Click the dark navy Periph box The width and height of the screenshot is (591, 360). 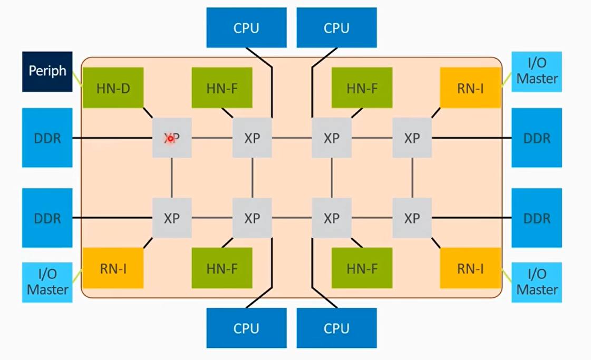(47, 71)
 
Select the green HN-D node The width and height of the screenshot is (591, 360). (113, 87)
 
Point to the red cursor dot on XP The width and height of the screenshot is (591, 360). (170, 138)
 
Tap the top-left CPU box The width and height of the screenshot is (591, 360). (246, 27)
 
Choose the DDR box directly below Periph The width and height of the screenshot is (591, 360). (47, 138)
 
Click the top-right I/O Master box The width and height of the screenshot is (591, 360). (537, 71)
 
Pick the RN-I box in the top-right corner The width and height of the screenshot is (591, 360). (470, 87)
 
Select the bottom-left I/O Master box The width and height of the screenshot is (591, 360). (47, 282)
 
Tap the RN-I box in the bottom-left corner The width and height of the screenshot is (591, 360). (113, 269)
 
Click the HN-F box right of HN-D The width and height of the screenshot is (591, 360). (222, 87)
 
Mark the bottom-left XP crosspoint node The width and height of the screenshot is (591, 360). (172, 218)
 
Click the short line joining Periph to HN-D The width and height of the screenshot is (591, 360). (77, 79)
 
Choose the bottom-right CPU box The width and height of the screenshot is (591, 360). (336, 328)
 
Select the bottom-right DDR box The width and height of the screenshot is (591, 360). (537, 218)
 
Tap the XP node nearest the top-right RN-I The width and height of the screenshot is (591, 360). (412, 138)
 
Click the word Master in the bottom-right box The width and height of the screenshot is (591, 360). (537, 289)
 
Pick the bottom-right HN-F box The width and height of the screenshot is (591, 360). (362, 269)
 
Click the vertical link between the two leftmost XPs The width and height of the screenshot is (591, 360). (172, 178)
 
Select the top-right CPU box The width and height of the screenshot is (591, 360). (336, 27)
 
